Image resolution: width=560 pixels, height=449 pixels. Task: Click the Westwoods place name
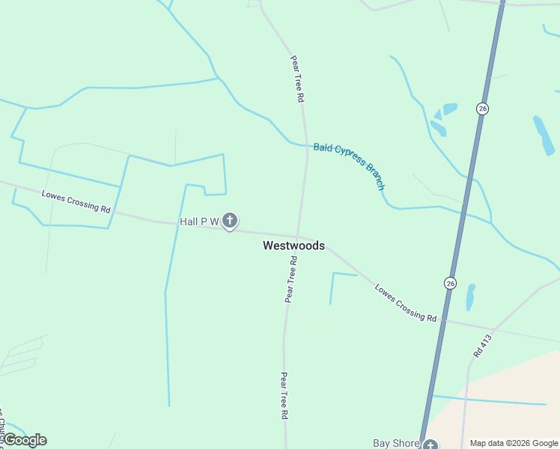pos(293,245)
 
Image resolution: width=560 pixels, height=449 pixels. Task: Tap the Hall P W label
pos(199,222)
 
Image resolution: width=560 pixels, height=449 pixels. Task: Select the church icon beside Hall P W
pos(230,221)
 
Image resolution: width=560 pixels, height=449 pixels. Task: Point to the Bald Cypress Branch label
pos(349,165)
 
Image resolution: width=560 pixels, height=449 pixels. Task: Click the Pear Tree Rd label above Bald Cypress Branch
pos(297,78)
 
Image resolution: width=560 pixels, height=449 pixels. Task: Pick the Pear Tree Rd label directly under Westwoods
pos(291,279)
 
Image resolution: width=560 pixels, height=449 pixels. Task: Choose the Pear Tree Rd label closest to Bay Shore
pos(284,395)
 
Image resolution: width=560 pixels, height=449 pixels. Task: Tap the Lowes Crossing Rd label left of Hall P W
pos(76,201)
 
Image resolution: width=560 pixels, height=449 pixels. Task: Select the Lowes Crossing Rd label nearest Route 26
pos(406,303)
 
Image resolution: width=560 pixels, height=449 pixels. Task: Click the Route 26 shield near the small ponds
pos(482,109)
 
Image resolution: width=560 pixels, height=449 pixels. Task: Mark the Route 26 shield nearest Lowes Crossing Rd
pos(449,283)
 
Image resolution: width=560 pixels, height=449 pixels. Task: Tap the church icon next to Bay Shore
pos(429,445)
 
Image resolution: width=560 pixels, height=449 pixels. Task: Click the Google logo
pos(24,440)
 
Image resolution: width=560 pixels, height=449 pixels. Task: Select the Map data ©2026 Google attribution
pos(514,443)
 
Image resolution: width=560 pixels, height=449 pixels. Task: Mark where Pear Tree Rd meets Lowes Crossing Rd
pos(298,237)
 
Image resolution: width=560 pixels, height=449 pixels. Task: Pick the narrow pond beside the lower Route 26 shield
pos(470,297)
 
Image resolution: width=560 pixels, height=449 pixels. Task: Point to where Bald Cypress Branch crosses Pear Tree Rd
pos(306,146)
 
